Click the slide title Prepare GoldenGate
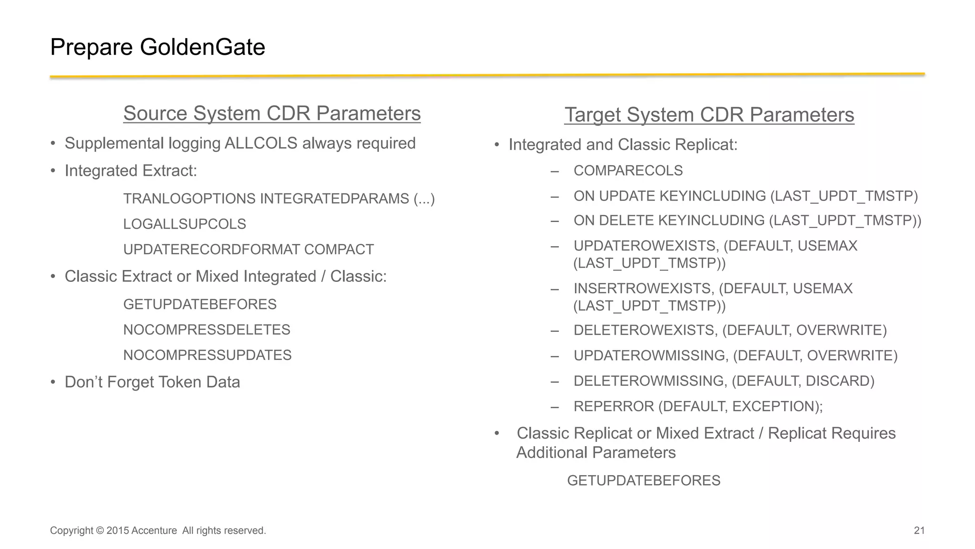coord(157,47)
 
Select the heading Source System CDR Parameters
coord(272,113)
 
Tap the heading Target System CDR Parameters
coord(709,115)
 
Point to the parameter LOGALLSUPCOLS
coord(184,224)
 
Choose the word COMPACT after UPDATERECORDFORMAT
coord(338,250)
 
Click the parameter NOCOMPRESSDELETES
coord(207,329)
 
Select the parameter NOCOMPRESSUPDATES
coord(207,355)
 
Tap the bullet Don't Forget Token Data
coord(152,382)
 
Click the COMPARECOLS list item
coord(628,170)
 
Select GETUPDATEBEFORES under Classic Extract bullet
coord(199,304)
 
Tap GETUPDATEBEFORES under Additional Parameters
coord(644,480)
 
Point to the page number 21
coord(919,530)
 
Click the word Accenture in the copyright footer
coord(154,530)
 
